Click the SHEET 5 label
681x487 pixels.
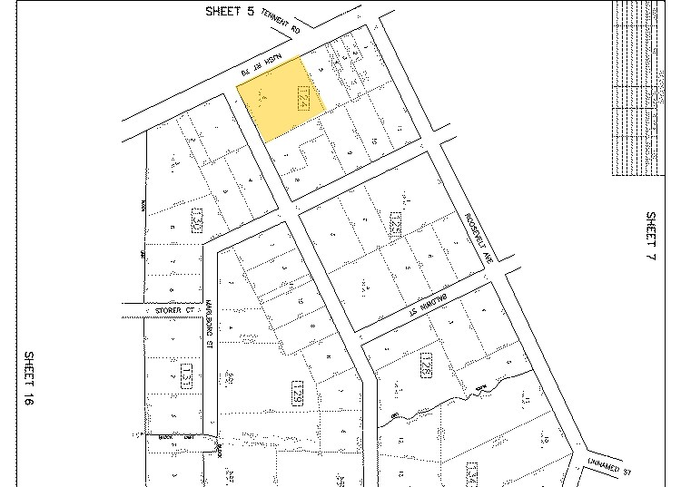pyautogui.click(x=230, y=12)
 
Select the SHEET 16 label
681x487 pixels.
pyautogui.click(x=29, y=384)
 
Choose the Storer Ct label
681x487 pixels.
pyautogui.click(x=175, y=310)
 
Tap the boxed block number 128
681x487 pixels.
pyautogui.click(x=424, y=366)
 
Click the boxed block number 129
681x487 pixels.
pyautogui.click(x=296, y=393)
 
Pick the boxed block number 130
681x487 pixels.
pyautogui.click(x=196, y=220)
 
